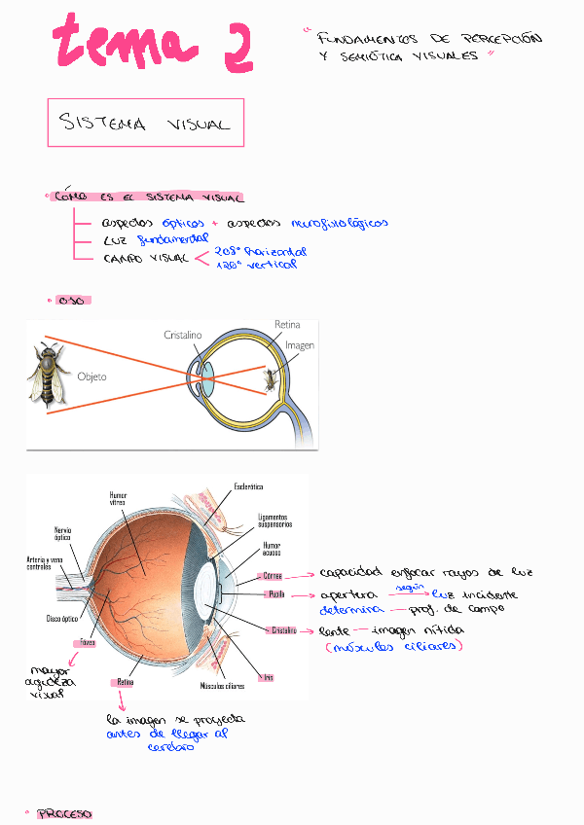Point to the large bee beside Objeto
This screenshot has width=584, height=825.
pyautogui.click(x=48, y=374)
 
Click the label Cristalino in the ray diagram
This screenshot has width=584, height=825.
pyautogui.click(x=182, y=335)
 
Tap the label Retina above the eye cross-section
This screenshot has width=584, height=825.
pyautogui.click(x=287, y=324)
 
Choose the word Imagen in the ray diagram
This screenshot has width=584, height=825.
pyautogui.click(x=300, y=345)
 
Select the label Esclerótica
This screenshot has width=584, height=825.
pyautogui.click(x=250, y=485)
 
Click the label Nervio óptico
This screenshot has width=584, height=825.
pyautogui.click(x=62, y=533)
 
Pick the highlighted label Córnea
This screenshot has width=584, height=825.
pyautogui.click(x=272, y=576)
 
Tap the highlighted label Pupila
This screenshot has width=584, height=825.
pyautogui.click(x=275, y=593)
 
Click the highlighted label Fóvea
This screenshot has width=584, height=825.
pyautogui.click(x=88, y=643)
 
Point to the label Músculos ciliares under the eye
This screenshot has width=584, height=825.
pyautogui.click(x=222, y=686)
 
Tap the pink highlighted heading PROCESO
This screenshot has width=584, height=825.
pyautogui.click(x=64, y=812)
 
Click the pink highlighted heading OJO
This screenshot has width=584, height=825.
pyautogui.click(x=71, y=300)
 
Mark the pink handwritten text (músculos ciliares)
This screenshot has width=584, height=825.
pyautogui.click(x=395, y=645)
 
